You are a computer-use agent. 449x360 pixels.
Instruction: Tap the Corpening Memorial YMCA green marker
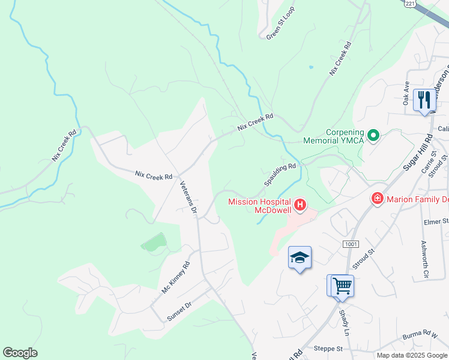373,136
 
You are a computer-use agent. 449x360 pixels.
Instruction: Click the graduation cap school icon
300,258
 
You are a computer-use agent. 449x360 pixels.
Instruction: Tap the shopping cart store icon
342,286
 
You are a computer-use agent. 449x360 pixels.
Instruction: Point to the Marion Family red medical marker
378,198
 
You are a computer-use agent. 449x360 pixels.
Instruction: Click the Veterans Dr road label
188,197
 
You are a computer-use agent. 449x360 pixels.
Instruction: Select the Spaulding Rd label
280,174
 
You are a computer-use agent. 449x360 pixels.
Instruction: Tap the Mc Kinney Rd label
176,277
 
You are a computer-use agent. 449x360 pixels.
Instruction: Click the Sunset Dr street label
179,311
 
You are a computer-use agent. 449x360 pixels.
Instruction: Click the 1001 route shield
351,244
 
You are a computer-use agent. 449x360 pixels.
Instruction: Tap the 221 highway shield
409,4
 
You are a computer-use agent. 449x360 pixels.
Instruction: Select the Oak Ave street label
406,93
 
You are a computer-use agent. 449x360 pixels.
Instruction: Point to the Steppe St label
328,349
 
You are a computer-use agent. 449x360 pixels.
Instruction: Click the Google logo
20,353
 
